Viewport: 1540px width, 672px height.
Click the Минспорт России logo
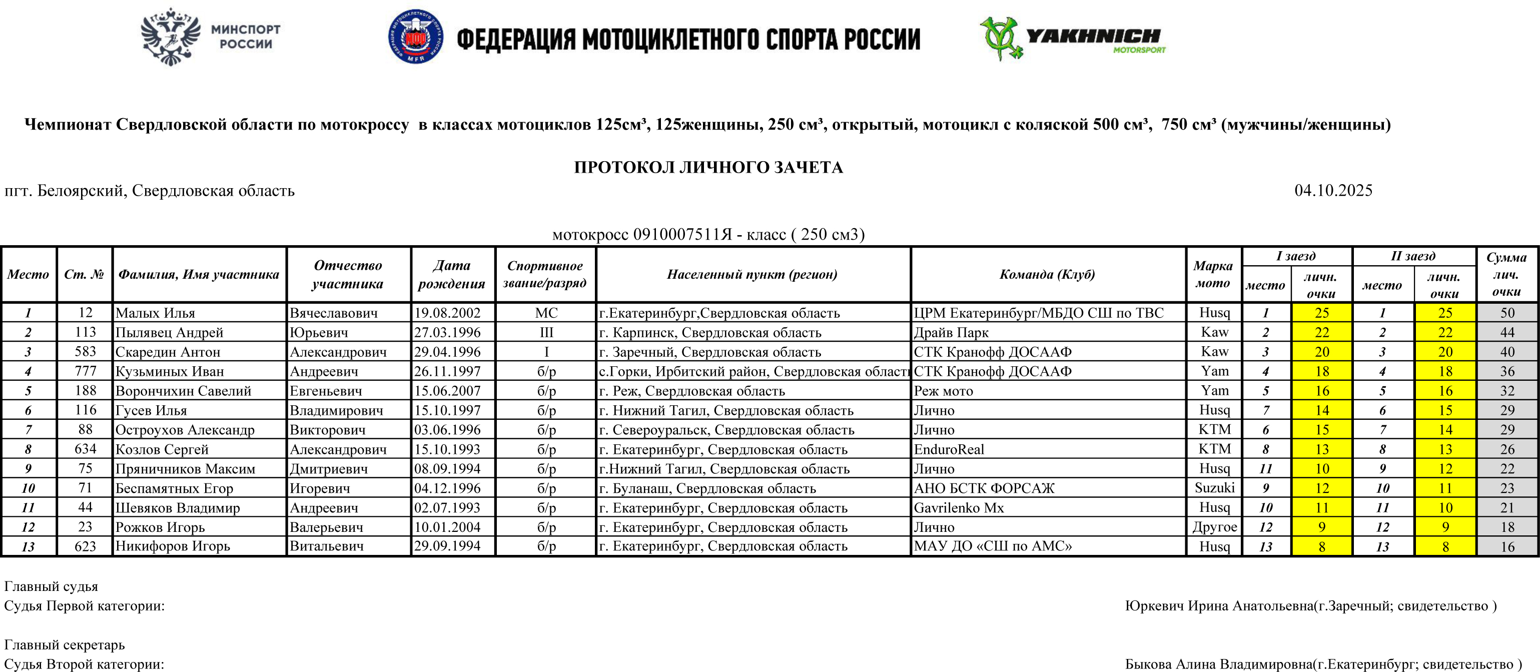pos(210,37)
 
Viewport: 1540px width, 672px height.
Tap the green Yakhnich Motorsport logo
pos(1072,38)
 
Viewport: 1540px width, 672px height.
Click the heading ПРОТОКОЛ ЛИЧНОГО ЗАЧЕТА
pos(708,168)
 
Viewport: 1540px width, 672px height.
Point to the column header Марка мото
pos(1213,274)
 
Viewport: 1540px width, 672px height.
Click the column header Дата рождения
pos(452,274)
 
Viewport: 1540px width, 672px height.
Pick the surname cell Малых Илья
pos(156,313)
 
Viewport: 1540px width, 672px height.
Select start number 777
pos(86,371)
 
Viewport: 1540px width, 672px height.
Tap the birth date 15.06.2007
pos(447,391)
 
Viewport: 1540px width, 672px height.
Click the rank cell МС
pos(546,313)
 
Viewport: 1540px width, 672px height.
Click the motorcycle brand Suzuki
pos(1214,488)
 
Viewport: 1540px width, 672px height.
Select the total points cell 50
pos(1507,313)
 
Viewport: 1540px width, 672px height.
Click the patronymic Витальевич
pos(326,546)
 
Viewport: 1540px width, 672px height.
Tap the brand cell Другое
pos(1214,527)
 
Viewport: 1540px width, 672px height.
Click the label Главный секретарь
pos(65,644)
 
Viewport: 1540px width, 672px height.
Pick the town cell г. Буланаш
pos(707,488)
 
